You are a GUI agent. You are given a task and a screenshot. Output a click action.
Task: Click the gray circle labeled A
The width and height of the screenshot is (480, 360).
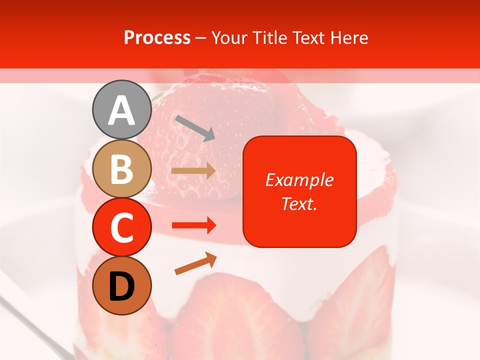pyautogui.click(x=121, y=109)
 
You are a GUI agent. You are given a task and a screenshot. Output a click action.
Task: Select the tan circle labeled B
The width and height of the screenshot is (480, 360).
pyautogui.click(x=121, y=169)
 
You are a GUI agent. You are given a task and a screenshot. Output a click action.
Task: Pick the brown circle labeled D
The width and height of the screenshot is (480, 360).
pyautogui.click(x=121, y=285)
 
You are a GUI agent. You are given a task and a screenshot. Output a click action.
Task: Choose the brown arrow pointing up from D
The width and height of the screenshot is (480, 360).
pyautogui.click(x=195, y=263)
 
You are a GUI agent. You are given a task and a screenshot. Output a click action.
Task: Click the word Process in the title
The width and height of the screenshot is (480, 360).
pyautogui.click(x=157, y=37)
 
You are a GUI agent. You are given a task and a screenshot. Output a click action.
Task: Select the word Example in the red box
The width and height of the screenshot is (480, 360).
pyautogui.click(x=299, y=180)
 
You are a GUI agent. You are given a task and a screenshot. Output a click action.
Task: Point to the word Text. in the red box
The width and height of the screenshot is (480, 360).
pyautogui.click(x=299, y=203)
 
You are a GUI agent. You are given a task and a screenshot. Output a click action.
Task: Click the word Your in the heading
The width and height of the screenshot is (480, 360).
pyautogui.click(x=229, y=37)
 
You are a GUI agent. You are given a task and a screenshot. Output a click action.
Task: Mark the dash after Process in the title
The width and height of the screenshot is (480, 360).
pyautogui.click(x=201, y=38)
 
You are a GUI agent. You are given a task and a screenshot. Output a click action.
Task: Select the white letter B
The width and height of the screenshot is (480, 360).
pyautogui.click(x=121, y=169)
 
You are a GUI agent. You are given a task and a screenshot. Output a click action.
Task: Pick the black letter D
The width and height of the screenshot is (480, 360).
pyautogui.click(x=121, y=286)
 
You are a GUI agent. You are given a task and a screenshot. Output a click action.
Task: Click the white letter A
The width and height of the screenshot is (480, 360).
pyautogui.click(x=121, y=110)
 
